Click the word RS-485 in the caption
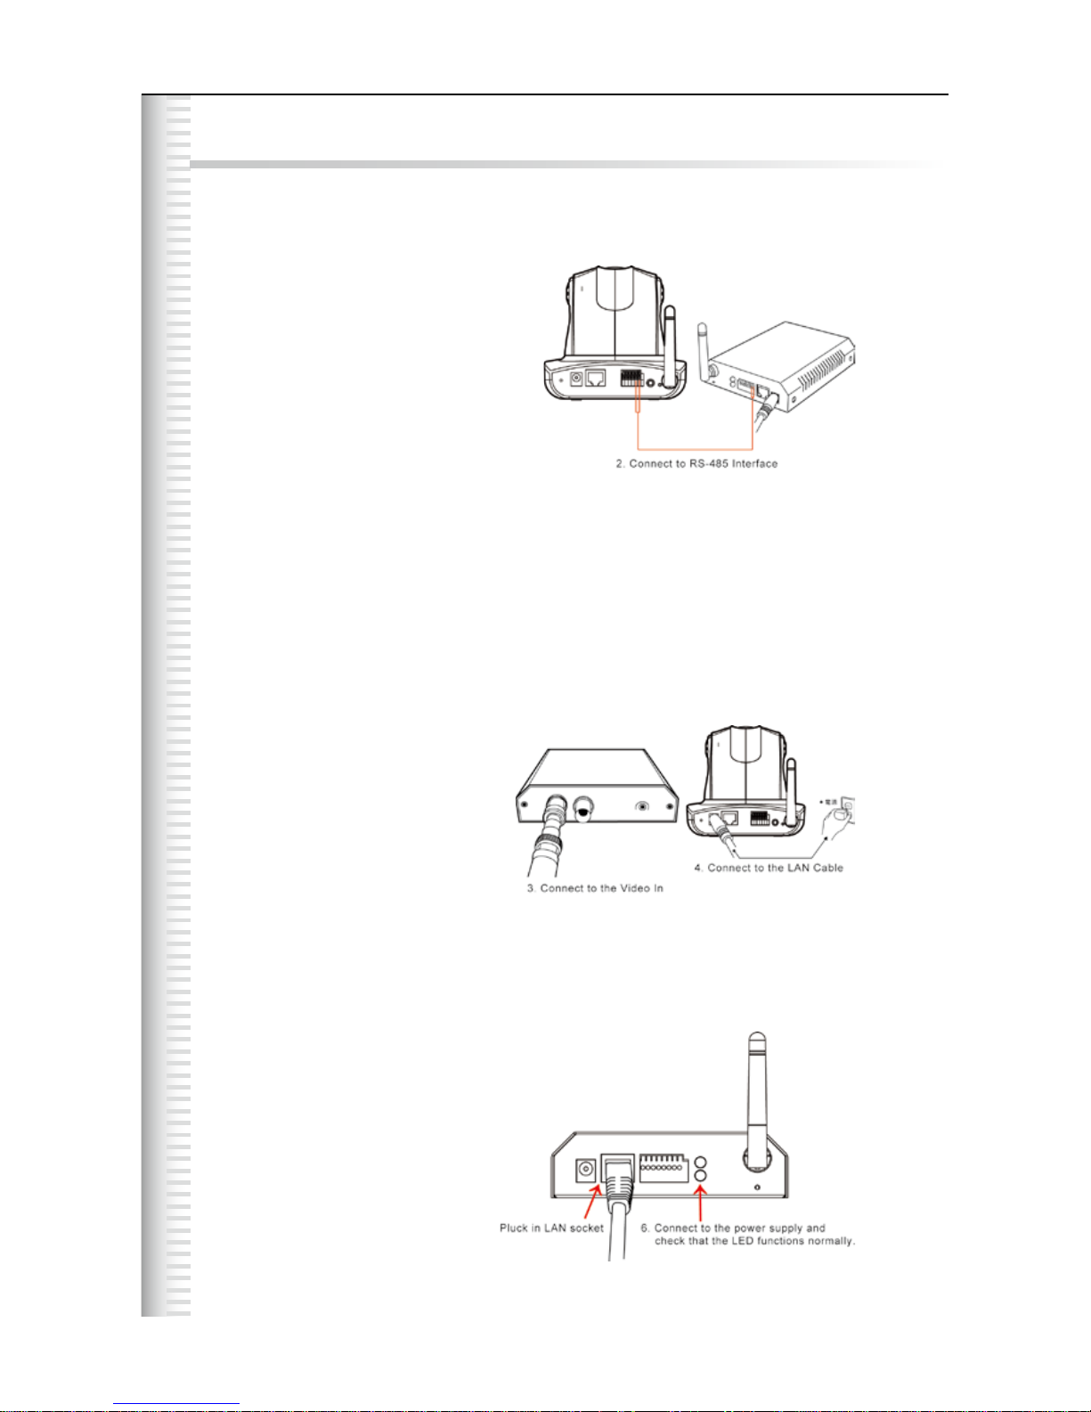coord(708,464)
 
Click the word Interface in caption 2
coord(754,464)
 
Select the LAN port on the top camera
coord(596,378)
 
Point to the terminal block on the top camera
coord(631,377)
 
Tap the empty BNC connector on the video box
coord(585,808)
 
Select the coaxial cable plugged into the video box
coord(543,846)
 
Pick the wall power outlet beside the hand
coord(848,808)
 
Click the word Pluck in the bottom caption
coord(514,1228)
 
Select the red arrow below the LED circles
coord(701,1203)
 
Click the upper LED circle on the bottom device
coord(700,1163)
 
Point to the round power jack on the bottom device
coord(586,1170)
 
